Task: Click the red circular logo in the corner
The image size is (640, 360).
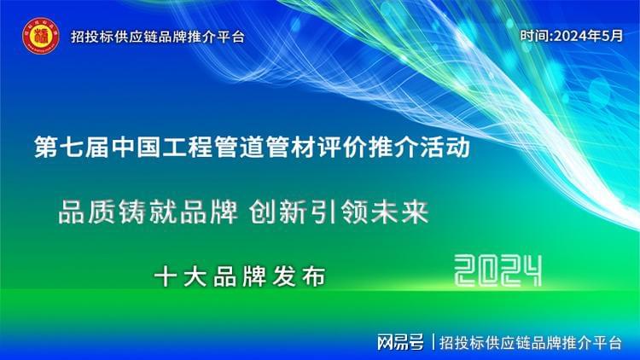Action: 40,36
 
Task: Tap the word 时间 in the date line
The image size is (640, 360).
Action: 534,36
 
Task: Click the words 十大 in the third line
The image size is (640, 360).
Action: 176,276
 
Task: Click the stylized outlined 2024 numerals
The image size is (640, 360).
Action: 498,272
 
